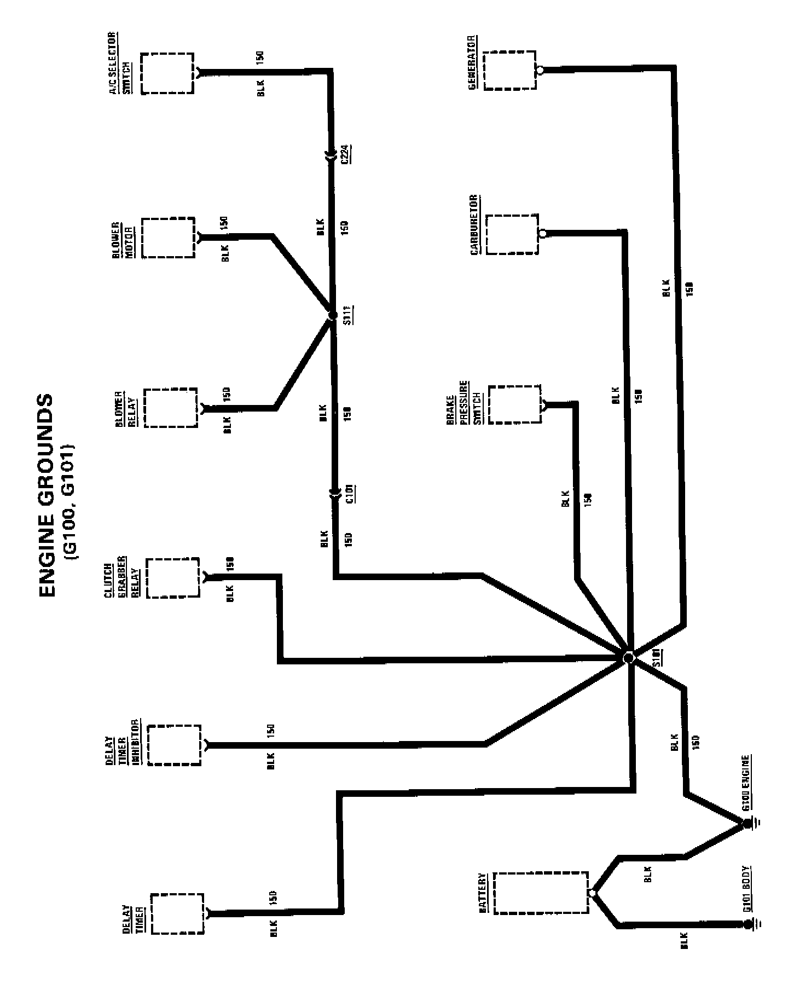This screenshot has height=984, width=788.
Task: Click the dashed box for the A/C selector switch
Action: click(167, 73)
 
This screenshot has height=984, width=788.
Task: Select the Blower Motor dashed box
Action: click(169, 238)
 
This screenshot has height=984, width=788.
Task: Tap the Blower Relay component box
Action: click(171, 408)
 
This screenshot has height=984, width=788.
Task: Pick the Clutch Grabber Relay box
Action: click(173, 578)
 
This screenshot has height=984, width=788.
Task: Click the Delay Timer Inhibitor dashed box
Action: click(174, 745)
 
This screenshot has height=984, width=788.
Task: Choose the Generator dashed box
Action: click(509, 70)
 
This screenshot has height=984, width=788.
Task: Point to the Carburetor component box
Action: click(512, 234)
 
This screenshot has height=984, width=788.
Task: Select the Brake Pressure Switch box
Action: click(514, 404)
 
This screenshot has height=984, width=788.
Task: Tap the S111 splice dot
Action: click(332, 316)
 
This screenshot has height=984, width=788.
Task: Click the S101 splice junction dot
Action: click(628, 657)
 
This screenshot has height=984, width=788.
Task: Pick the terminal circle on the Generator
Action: click(540, 70)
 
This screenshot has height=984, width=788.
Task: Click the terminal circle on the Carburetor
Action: click(542, 234)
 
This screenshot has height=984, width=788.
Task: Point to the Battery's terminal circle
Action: click(592, 893)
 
